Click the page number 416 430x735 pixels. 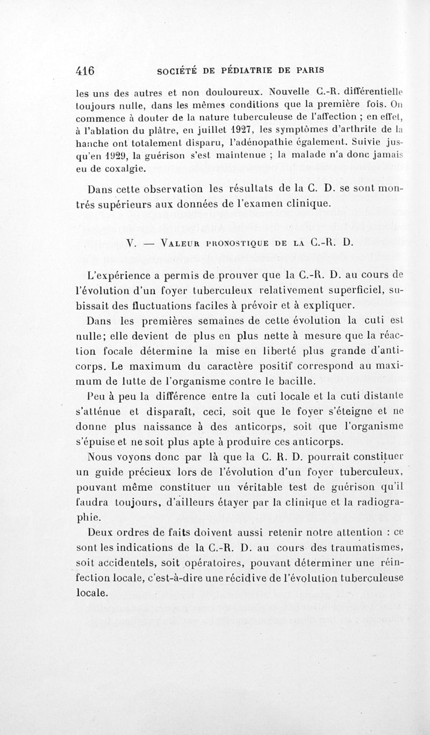(85, 70)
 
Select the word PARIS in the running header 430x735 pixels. (306, 70)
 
